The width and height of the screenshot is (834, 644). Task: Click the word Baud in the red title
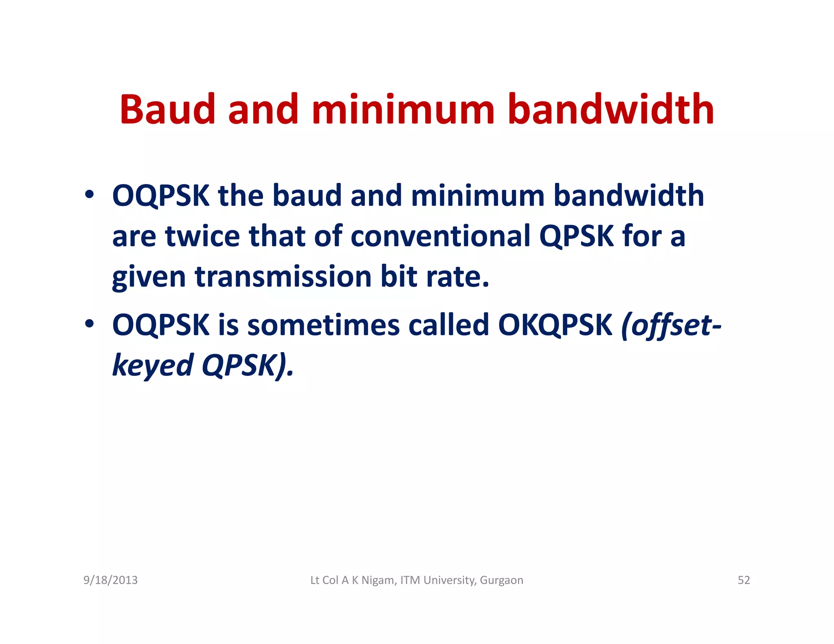pos(167,109)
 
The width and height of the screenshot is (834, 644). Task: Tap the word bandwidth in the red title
pos(611,109)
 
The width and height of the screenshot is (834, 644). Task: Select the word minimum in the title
pos(403,109)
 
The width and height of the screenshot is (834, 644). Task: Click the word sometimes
pos(324,325)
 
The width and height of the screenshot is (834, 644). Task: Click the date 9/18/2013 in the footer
pos(110,580)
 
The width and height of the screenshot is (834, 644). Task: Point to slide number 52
pos(744,580)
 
